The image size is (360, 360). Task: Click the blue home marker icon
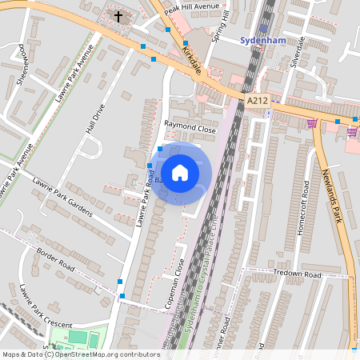coord(180,172)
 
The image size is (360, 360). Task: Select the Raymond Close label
coord(190,127)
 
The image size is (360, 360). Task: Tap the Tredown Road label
coord(296,274)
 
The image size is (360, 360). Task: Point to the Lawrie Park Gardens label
coord(62,196)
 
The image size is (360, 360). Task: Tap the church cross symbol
coord(119,16)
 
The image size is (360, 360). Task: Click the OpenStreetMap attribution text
coord(80,354)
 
